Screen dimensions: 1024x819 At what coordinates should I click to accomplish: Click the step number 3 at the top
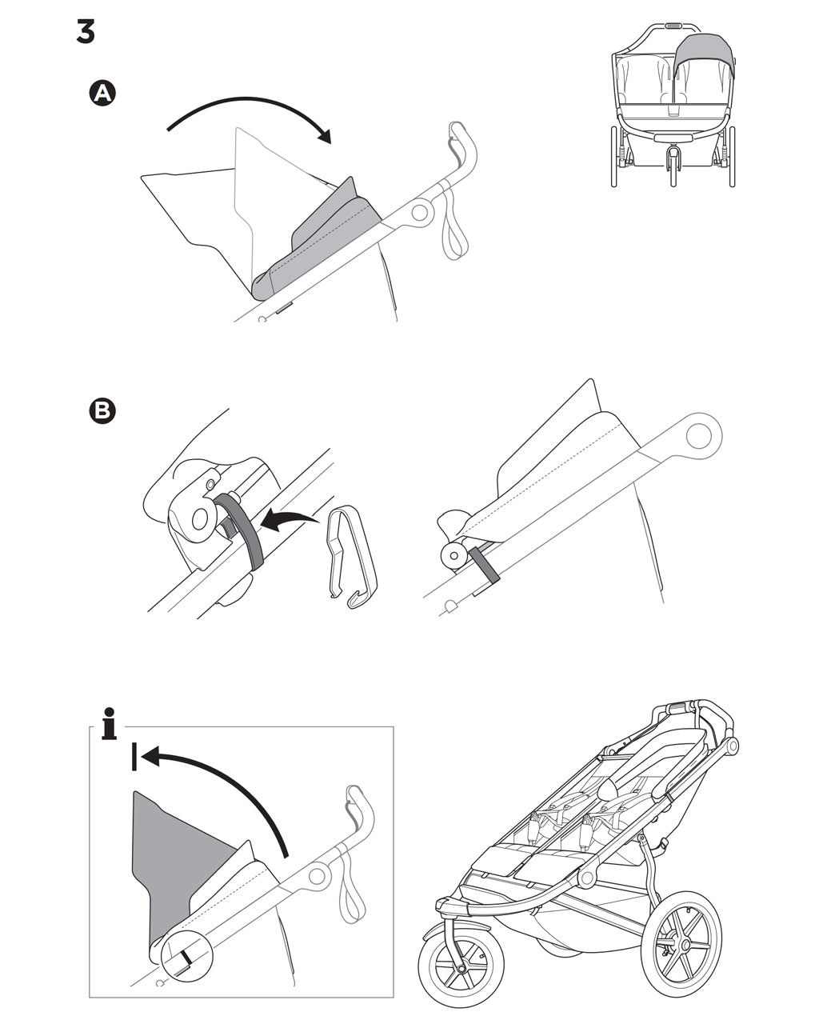point(86,31)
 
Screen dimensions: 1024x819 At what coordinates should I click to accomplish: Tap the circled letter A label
point(102,94)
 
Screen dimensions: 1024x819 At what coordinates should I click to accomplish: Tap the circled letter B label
point(102,411)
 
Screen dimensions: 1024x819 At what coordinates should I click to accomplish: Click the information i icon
point(110,723)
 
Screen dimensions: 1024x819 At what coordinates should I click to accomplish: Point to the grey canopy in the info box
point(172,856)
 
